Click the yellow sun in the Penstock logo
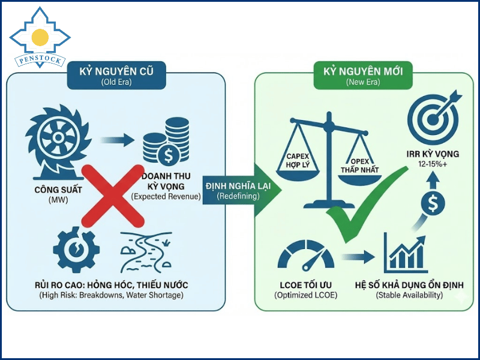tap(40, 37)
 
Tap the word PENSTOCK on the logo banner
tap(40, 59)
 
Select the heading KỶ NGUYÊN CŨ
tap(116, 71)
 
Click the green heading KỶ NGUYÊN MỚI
tap(363, 71)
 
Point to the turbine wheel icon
tap(58, 142)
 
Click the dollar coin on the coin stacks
tap(168, 156)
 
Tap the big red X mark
tap(113, 196)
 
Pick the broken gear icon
tap(76, 250)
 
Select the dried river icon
tap(146, 252)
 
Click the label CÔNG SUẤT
tap(58, 190)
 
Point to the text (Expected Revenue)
tap(166, 197)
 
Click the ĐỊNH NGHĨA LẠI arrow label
tap(238, 186)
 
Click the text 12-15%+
tap(433, 164)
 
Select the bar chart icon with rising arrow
tap(406, 253)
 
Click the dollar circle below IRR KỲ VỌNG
tap(433, 203)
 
